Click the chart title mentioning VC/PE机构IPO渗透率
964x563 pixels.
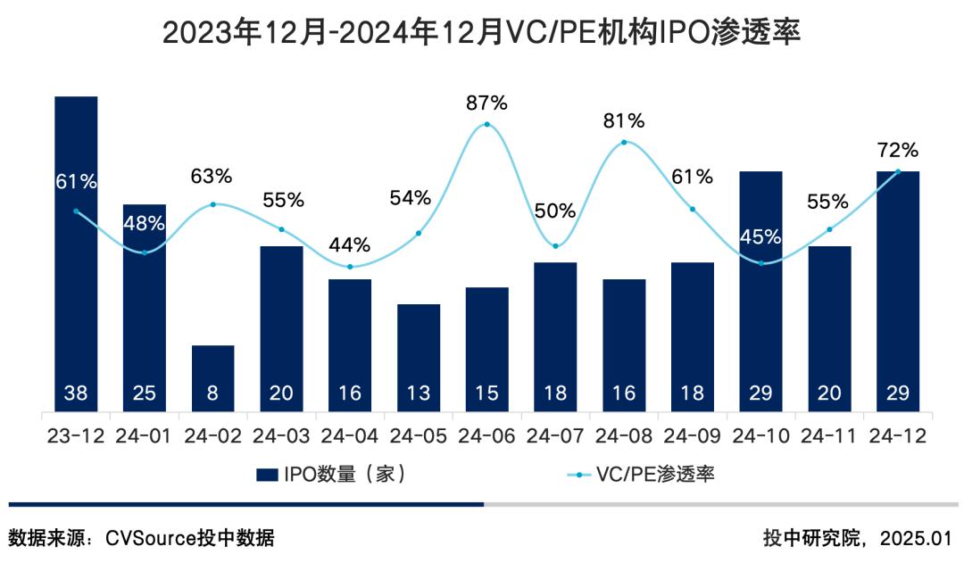pos(482,33)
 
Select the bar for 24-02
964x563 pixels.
pos(213,379)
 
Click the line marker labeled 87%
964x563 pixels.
pos(487,124)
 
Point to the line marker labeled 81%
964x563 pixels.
pos(624,142)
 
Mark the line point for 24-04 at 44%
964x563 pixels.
pos(350,267)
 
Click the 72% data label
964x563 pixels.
pos(897,149)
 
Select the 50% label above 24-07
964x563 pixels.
pos(555,211)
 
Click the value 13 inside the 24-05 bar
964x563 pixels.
pos(419,393)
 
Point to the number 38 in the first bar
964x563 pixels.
pos(76,393)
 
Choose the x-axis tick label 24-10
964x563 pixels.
pos(760,436)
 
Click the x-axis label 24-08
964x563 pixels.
pos(624,436)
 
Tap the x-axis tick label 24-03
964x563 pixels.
pos(282,436)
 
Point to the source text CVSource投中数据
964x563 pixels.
pos(189,538)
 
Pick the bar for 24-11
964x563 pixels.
pos(829,329)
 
